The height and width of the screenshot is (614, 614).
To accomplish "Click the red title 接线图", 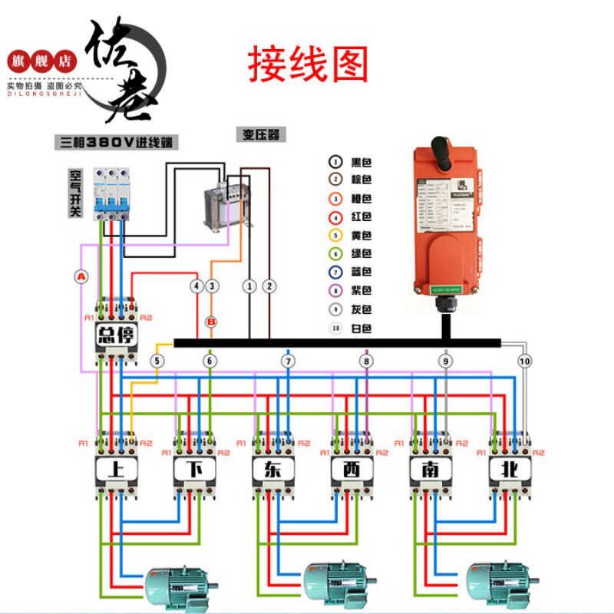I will coord(307,64).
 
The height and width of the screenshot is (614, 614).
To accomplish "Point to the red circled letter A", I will coord(81,276).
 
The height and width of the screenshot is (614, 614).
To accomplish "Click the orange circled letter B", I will coord(212,322).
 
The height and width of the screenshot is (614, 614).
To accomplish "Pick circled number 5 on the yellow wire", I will coord(157,361).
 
